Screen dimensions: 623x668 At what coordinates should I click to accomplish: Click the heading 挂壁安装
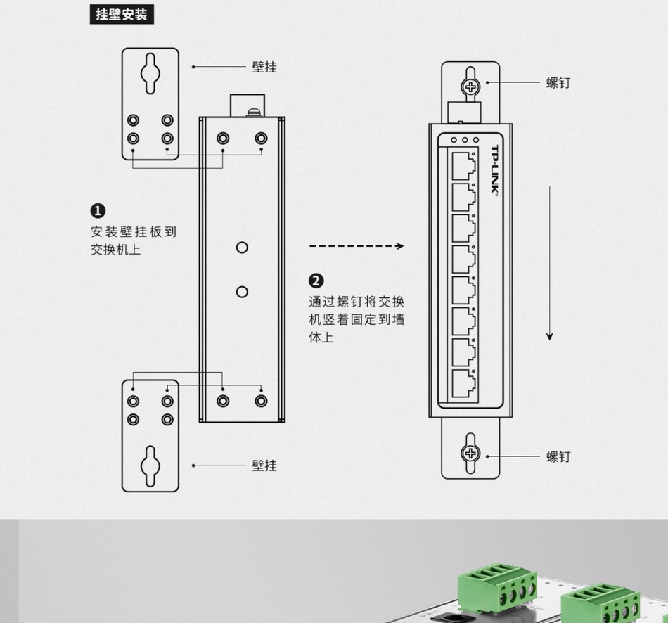[122, 14]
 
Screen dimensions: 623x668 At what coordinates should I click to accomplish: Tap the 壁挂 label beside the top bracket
[264, 68]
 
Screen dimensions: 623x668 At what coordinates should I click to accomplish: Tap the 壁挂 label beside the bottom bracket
[264, 465]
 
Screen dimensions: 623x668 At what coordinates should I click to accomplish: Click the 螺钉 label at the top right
[558, 83]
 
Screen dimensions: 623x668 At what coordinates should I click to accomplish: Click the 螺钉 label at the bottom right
[558, 457]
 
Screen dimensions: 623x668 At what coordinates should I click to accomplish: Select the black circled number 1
[98, 210]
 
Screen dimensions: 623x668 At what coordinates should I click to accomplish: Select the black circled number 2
[316, 281]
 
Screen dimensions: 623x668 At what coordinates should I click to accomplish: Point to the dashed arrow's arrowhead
[400, 246]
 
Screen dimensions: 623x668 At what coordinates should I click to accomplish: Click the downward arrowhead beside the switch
[550, 336]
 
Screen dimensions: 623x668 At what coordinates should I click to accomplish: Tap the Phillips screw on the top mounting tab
[470, 86]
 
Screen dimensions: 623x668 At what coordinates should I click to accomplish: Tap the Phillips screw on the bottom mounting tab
[470, 453]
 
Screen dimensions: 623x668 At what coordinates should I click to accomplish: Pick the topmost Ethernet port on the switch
[461, 166]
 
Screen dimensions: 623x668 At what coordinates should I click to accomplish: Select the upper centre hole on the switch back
[242, 248]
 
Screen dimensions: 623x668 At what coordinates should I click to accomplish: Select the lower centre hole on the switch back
[242, 291]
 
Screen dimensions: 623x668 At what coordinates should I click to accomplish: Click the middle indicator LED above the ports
[464, 140]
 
